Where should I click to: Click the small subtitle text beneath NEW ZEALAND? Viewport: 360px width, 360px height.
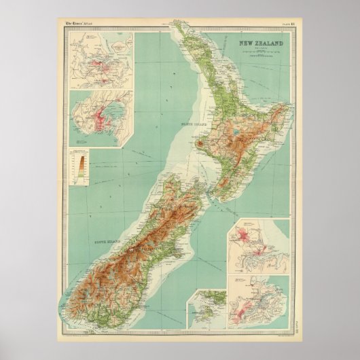[261, 54]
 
